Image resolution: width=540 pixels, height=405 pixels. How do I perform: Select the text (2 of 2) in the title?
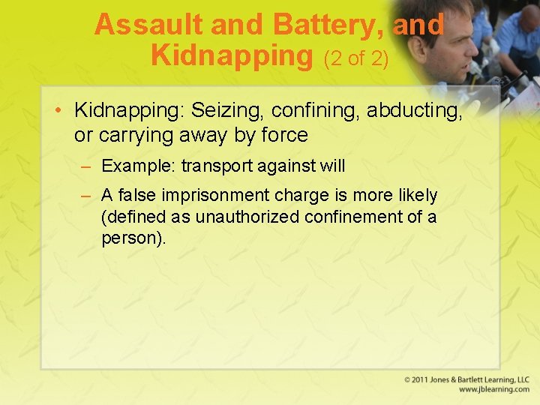(355, 57)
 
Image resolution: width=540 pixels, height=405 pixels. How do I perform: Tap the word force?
(281, 135)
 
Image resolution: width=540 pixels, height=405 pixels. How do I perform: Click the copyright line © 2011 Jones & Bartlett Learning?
(466, 379)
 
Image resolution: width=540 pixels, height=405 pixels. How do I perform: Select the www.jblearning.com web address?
(493, 390)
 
